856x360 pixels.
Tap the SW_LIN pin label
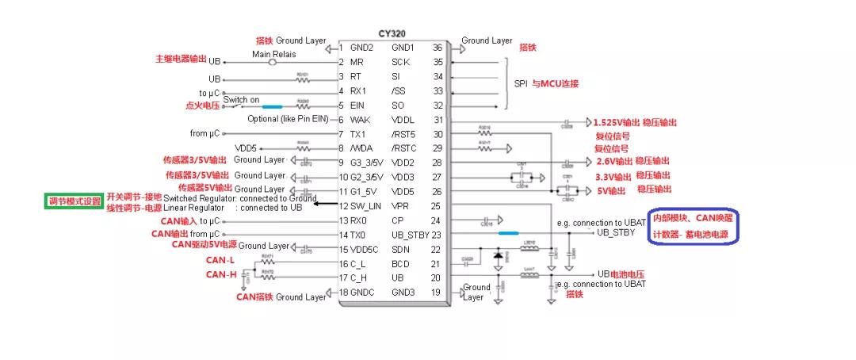click(367, 206)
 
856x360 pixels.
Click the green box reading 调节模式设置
click(73, 201)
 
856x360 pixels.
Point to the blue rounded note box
click(694, 228)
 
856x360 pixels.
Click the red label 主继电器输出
click(182, 59)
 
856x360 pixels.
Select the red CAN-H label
click(221, 274)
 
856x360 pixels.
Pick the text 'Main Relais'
click(273, 54)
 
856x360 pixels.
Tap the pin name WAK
click(360, 120)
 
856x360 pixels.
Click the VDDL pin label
click(403, 120)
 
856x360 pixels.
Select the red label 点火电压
click(202, 105)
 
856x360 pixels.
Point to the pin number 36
click(437, 48)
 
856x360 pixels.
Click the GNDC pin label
click(364, 293)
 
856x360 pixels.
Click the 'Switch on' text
click(241, 100)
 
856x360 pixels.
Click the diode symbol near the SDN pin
click(498, 255)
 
